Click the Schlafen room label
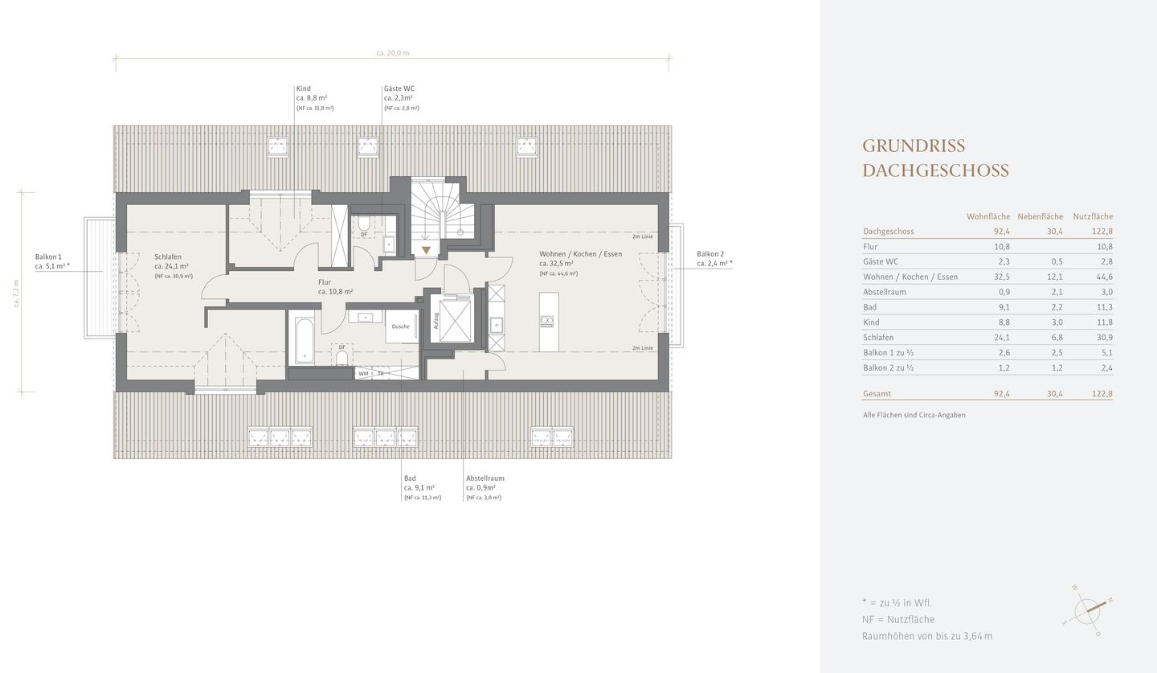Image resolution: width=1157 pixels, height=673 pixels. coord(167,256)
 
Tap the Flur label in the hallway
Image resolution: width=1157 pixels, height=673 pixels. coord(325,282)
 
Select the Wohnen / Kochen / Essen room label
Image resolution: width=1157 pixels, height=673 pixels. coord(581,254)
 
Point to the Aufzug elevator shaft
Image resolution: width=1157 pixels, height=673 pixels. coord(455,321)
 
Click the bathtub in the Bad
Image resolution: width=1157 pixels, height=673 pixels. coord(305,341)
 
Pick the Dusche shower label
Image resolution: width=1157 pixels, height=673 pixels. coord(400,326)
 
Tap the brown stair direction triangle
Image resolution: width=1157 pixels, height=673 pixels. coord(426,250)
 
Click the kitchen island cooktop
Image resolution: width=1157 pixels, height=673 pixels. coord(547,321)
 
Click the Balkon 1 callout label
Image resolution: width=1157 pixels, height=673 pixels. coord(48,256)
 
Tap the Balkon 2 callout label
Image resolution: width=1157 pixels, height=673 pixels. coord(710,254)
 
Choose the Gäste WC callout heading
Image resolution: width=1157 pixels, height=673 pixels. coord(399,88)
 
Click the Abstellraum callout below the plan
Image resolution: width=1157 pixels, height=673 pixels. coord(485,478)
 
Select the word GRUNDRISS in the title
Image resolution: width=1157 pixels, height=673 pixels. coord(914,146)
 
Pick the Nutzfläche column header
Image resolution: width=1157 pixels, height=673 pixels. coord(1093,216)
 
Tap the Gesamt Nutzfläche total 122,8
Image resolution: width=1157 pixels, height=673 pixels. coord(1102,394)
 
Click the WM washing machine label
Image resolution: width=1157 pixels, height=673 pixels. coord(363,373)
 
